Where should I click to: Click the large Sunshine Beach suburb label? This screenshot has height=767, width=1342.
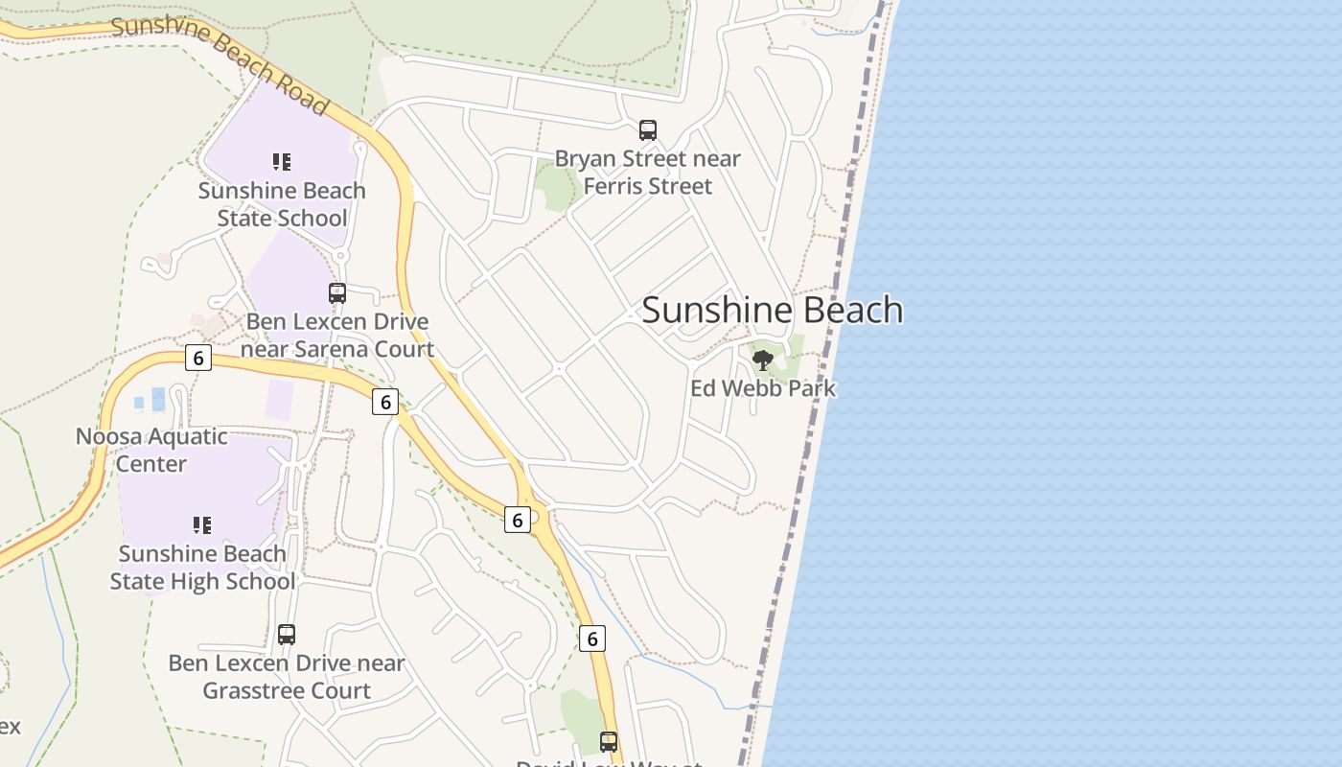[x=772, y=310]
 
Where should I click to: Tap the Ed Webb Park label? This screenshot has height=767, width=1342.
[x=763, y=388]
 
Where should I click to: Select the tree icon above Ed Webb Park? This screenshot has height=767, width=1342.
[x=763, y=360]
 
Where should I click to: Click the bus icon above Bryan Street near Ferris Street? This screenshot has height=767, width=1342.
[x=648, y=130]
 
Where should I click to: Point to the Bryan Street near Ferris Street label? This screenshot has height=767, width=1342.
[x=648, y=173]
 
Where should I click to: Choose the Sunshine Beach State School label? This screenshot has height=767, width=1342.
[x=282, y=204]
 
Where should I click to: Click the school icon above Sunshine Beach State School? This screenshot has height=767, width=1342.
[x=281, y=162]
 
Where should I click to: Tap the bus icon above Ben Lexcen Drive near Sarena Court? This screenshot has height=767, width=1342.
[x=337, y=293]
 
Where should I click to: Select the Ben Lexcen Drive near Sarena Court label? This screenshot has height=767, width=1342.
[x=337, y=335]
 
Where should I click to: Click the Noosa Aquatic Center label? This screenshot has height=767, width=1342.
[x=151, y=450]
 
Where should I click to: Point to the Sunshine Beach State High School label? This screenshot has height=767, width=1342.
[x=202, y=568]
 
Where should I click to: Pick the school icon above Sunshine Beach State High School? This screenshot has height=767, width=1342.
[x=201, y=525]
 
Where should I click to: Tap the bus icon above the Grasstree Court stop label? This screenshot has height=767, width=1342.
[x=287, y=634]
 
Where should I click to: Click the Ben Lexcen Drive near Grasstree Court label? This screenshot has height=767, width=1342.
[x=287, y=676]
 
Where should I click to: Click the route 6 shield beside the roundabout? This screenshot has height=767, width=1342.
[x=518, y=520]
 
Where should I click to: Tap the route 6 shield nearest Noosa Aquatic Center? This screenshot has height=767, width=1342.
[x=198, y=358]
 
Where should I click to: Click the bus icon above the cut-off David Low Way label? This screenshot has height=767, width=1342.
[x=609, y=741]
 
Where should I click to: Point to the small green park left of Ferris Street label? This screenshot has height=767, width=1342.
[x=555, y=187]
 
